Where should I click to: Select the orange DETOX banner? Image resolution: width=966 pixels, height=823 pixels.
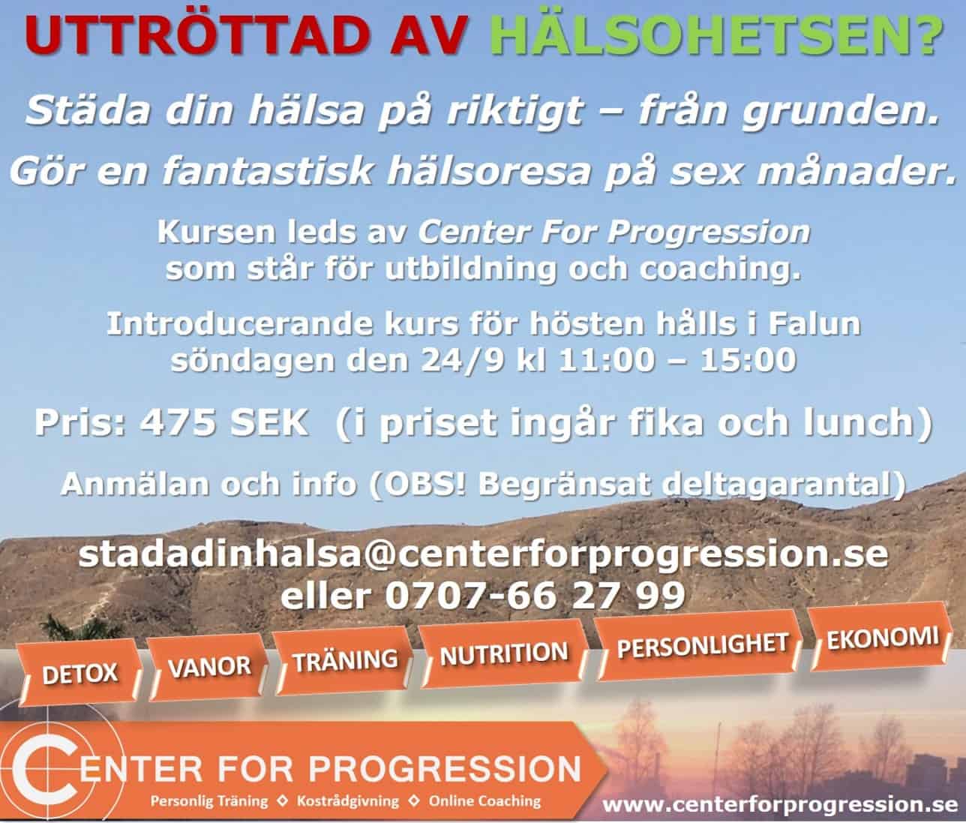(80, 674)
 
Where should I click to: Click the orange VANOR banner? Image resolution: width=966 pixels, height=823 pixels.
(208, 667)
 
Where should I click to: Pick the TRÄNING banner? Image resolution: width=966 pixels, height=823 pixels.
(345, 660)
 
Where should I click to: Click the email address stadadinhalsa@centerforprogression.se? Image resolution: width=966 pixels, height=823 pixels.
(483, 554)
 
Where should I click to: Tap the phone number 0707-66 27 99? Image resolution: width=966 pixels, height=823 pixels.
(535, 595)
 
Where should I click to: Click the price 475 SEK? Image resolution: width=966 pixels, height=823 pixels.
(224, 422)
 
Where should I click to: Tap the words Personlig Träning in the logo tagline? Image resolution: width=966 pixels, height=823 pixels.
(209, 801)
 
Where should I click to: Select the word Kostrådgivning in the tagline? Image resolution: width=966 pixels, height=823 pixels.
(348, 801)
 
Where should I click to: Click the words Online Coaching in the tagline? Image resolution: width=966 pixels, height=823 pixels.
(484, 801)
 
